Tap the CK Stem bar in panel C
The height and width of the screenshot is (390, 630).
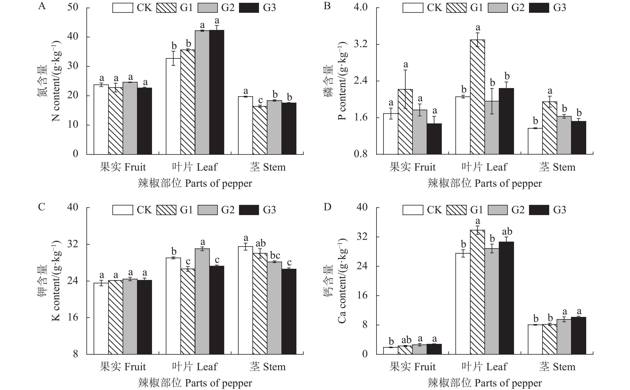coord(245,300)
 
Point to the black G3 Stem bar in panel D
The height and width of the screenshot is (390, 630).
coord(578,335)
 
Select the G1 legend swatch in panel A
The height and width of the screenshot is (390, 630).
coord(166,8)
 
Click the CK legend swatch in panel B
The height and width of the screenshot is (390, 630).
coord(413,8)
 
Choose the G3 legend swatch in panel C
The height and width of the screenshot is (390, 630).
coord(249,210)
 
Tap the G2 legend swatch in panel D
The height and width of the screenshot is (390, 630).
coord(497,210)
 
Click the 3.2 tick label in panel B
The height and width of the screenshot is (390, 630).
coord(360,44)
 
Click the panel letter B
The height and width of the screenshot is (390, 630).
coord(327,6)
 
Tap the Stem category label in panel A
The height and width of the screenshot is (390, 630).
coord(267,167)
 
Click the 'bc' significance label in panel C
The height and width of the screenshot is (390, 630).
coord(275,255)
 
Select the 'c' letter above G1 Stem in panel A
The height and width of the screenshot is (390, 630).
coord(260,100)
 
